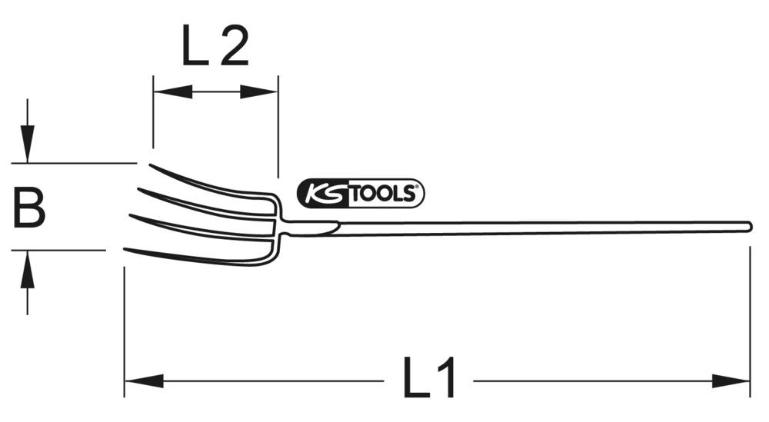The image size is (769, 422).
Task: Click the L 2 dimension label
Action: (x=215, y=47)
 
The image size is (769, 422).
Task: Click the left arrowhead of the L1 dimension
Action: (x=143, y=380)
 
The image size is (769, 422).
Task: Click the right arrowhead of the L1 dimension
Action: (x=731, y=380)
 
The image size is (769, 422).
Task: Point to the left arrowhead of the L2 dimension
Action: (x=172, y=92)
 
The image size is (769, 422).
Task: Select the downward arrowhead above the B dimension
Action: (x=28, y=145)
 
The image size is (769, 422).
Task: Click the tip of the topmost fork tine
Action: (x=151, y=166)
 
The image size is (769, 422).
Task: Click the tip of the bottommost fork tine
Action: (x=126, y=250)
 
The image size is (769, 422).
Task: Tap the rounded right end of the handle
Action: (x=748, y=225)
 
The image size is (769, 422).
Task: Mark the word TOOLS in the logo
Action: (x=385, y=194)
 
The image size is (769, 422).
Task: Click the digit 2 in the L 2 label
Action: (x=232, y=47)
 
